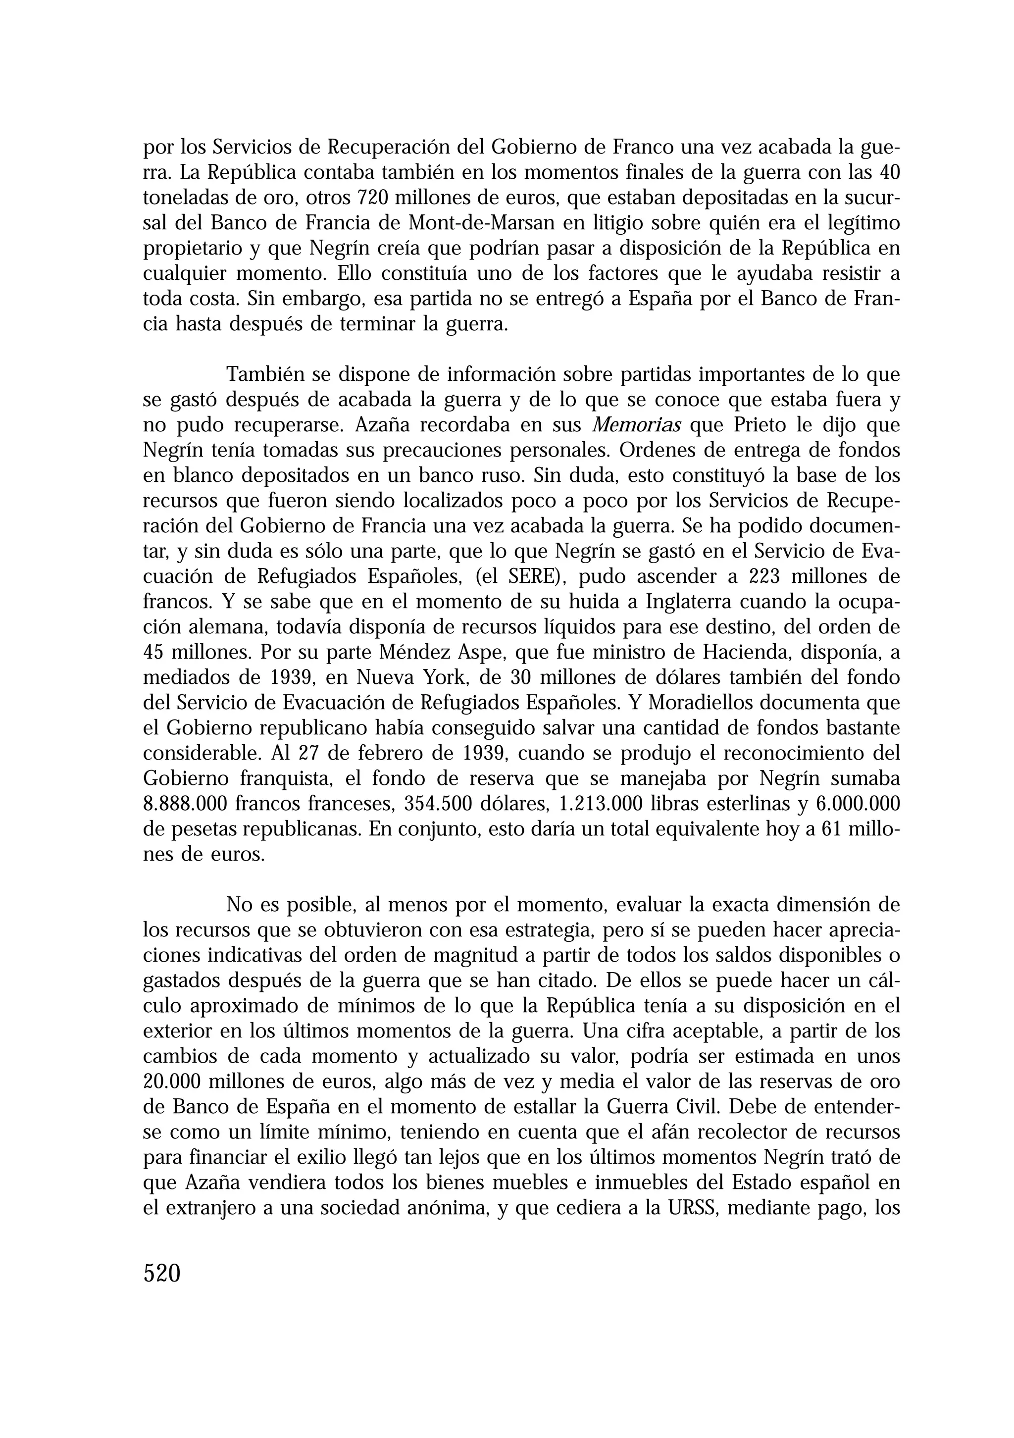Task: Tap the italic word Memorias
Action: (636, 425)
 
